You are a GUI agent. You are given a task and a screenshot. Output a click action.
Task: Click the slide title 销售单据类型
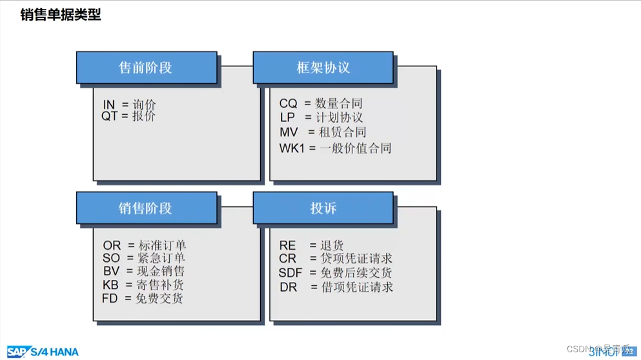coord(61,15)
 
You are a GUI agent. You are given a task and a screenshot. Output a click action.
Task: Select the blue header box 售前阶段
coord(147,68)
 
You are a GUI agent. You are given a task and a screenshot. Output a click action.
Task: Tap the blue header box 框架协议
coord(323,68)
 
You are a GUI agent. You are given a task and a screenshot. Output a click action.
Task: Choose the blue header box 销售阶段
coord(147,208)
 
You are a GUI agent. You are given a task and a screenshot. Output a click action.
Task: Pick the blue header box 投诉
coord(323,208)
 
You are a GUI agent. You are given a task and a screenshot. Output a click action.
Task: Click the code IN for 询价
coord(108,105)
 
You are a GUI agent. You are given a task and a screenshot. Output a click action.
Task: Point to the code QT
coord(110,116)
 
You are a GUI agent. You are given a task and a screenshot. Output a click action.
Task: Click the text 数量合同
coord(339,103)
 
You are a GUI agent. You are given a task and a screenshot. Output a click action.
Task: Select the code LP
coord(287,117)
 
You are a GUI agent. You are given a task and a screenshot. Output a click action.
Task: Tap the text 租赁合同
coord(342,132)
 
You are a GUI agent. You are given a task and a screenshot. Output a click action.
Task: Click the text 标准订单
coord(162,245)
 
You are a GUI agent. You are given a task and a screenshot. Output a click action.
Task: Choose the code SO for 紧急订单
coord(111,258)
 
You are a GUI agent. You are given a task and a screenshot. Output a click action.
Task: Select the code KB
coord(110,285)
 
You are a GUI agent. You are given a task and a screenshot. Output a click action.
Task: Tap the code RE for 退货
coord(287,246)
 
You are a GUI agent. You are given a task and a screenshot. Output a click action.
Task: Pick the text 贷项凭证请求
coord(356,259)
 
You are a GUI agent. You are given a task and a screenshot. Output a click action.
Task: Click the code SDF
coord(290,273)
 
